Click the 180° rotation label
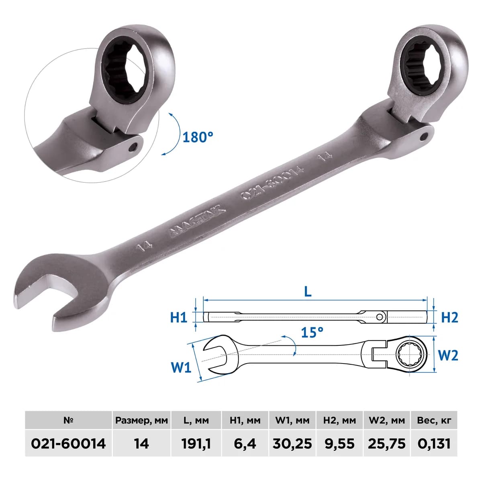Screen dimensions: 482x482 198,137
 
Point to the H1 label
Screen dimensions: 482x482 179,318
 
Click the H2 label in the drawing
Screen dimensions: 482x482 449,317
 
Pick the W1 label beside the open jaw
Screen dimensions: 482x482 181,368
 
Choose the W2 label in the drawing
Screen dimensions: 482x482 448,355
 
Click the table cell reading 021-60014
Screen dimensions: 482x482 68,444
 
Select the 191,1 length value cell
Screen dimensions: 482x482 196,444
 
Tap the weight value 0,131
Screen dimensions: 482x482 434,444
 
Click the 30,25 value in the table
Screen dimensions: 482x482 292,444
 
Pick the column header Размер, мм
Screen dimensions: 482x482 141,421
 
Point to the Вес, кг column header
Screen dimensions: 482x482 434,421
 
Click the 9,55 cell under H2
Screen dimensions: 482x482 339,444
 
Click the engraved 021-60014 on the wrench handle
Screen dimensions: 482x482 273,183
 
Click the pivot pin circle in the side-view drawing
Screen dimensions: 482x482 380,317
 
